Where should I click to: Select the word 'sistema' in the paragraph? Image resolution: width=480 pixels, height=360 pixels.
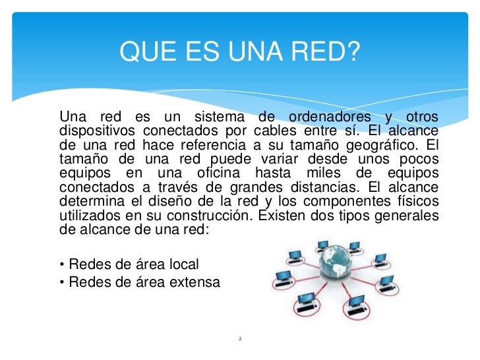(221, 117)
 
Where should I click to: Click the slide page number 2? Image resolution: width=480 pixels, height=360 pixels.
(240, 339)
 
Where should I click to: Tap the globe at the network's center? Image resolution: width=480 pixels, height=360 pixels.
(338, 266)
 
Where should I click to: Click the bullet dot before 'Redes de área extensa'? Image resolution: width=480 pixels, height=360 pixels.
(62, 282)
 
